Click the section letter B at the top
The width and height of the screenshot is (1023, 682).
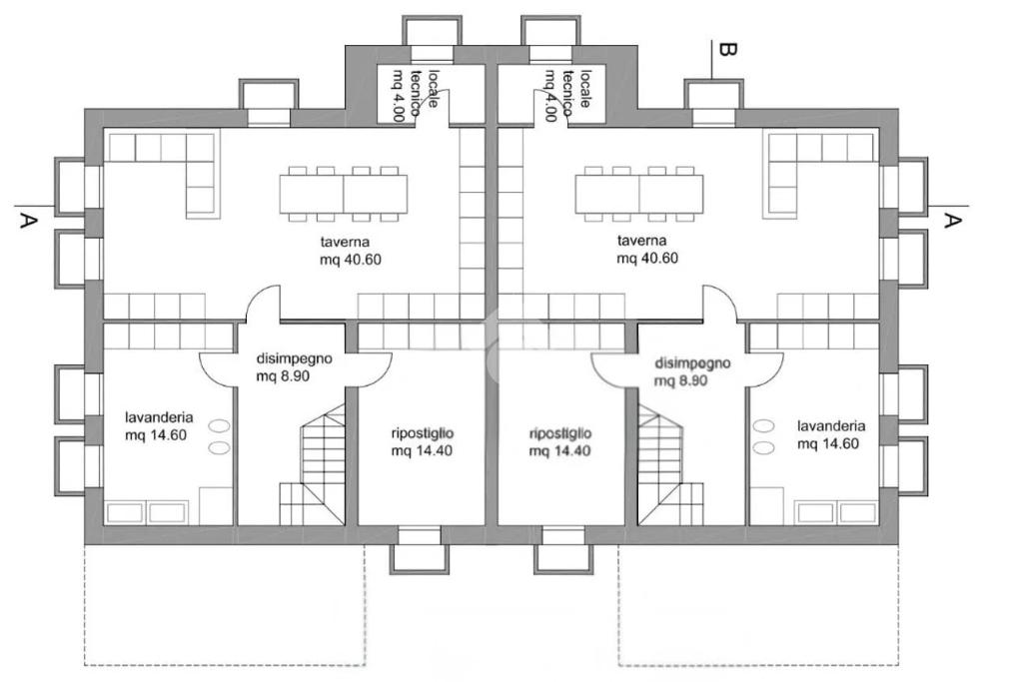(x=727, y=50)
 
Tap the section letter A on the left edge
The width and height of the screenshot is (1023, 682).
(x=27, y=221)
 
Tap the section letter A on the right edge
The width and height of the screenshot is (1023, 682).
(x=952, y=221)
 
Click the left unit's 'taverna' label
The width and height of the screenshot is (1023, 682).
(x=340, y=242)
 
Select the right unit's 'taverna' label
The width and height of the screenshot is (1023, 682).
(x=642, y=241)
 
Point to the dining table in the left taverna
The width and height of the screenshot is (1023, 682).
(x=344, y=195)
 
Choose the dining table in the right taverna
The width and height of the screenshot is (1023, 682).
(x=639, y=195)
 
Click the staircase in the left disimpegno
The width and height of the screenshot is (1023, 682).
(x=313, y=464)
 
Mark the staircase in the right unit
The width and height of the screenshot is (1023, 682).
(x=670, y=464)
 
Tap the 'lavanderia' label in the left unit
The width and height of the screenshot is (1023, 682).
(x=159, y=417)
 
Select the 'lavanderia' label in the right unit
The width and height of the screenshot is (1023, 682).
(x=831, y=425)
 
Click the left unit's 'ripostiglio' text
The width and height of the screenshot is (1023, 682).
(x=423, y=433)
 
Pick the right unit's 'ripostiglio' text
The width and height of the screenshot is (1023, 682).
(x=560, y=433)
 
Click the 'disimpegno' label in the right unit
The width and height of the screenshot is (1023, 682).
(x=692, y=363)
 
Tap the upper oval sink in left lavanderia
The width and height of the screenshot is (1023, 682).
(x=219, y=426)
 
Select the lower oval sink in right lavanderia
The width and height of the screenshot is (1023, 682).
(x=763, y=448)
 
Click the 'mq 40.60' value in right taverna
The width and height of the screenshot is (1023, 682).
(x=647, y=259)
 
